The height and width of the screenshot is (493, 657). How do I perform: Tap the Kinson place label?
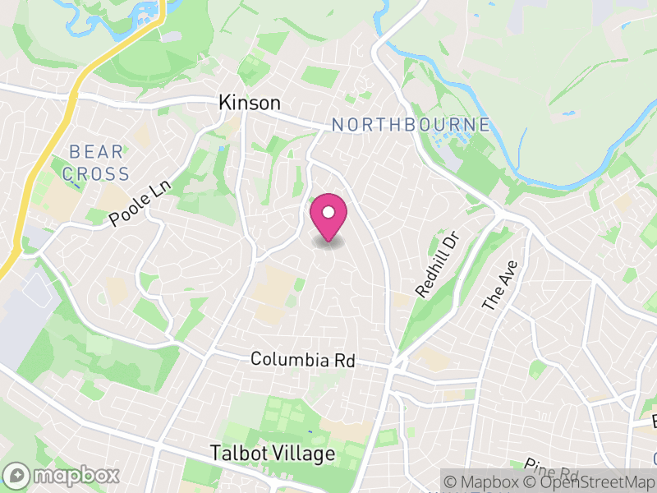tap(250, 103)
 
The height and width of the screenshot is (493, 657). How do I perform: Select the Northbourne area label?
tap(411, 125)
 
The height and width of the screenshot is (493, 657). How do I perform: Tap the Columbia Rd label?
tap(301, 360)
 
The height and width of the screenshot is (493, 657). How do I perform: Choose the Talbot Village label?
tap(273, 454)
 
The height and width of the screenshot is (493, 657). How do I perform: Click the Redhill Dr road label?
tap(435, 265)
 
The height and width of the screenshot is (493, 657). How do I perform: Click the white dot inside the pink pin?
tap(328, 212)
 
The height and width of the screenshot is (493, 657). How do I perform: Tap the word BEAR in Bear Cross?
tap(96, 152)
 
